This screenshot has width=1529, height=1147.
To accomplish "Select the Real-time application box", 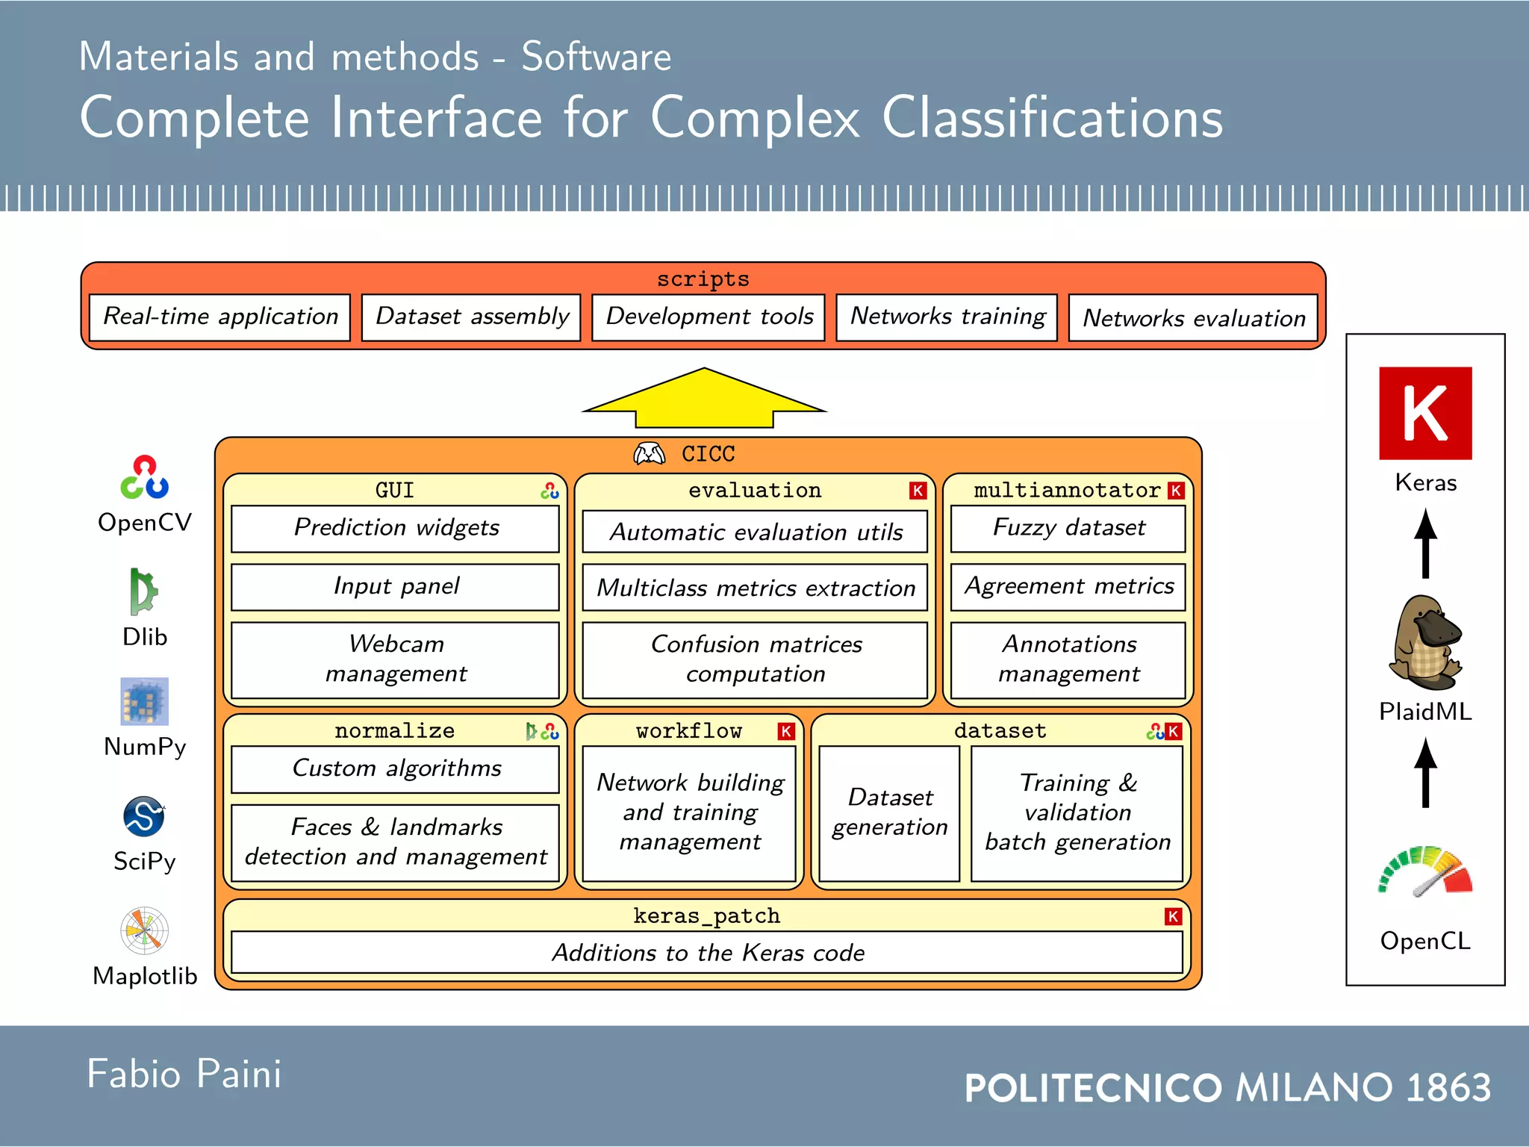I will coord(219,317).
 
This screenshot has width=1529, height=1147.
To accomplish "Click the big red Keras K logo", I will coord(1424,413).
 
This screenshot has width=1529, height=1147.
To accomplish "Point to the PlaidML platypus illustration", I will coord(1424,642).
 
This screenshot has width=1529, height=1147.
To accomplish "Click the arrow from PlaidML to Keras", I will coord(1424,543).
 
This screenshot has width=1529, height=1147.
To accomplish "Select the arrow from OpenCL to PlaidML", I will coord(1424,772).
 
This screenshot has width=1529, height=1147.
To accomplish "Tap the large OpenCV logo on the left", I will coord(145,478).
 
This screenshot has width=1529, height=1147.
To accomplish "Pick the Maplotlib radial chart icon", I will coord(144,930).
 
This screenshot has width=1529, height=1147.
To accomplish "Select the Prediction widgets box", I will coord(395,528).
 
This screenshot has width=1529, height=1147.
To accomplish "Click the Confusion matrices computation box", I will coord(755,659).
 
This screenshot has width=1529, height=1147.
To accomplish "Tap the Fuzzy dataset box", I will coord(1068,528).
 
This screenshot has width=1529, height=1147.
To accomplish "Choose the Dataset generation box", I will coord(888,812).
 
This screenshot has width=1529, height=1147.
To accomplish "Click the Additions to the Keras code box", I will coord(706,953).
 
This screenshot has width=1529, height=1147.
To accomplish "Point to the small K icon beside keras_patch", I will coord(1173,916).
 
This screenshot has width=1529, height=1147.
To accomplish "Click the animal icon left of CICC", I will coord(649,453).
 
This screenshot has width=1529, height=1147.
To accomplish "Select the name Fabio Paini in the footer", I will coord(184,1075).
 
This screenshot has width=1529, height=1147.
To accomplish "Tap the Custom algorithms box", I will coord(395,768).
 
